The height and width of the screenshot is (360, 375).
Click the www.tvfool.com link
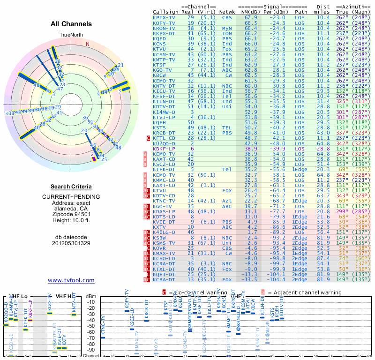click(71, 280)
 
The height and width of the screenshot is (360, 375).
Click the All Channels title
click(71, 24)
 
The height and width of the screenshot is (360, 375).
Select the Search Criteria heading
click(71, 186)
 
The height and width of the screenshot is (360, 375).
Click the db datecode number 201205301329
click(71, 243)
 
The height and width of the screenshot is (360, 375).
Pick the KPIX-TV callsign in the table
click(164, 17)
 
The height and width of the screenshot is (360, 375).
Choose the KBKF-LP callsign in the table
click(164, 148)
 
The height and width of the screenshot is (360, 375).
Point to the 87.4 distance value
click(323, 258)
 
